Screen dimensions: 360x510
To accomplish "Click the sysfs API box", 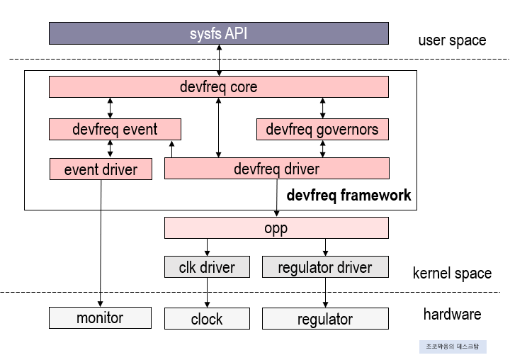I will pyautogui.click(x=218, y=33).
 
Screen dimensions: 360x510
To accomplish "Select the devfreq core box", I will pyautogui.click(x=218, y=86).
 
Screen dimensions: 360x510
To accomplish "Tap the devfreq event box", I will pyautogui.click(x=115, y=129).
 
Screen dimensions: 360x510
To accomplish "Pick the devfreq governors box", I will pyautogui.click(x=322, y=129).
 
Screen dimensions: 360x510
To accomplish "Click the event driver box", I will pyautogui.click(x=101, y=169).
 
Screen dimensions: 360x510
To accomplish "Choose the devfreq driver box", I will pyautogui.click(x=276, y=169).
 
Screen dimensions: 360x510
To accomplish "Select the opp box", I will pyautogui.click(x=276, y=228).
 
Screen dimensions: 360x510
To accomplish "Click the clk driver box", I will pyautogui.click(x=208, y=267).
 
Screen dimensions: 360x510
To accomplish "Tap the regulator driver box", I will pyautogui.click(x=325, y=267).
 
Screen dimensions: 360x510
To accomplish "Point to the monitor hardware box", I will pyautogui.click(x=100, y=317).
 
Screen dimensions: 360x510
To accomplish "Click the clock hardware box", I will pyautogui.click(x=207, y=319).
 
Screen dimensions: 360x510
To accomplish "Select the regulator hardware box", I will pyautogui.click(x=325, y=319).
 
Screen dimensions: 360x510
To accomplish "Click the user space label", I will pyautogui.click(x=452, y=40).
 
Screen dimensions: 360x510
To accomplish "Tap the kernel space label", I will pyautogui.click(x=452, y=273).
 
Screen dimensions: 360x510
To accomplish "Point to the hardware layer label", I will pyautogui.click(x=452, y=314).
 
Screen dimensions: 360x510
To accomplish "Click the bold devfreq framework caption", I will pyautogui.click(x=348, y=195).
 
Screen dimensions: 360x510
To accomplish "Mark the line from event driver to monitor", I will pyautogui.click(x=100, y=241).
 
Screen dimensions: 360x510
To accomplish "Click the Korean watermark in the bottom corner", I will pyautogui.click(x=452, y=347).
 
